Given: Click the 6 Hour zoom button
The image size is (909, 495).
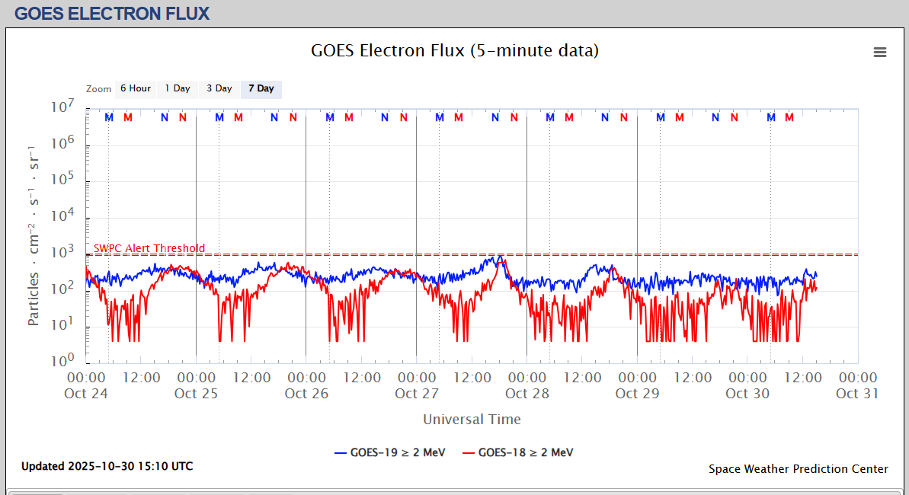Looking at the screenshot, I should (x=135, y=89).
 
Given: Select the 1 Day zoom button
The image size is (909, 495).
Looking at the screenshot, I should (x=178, y=89).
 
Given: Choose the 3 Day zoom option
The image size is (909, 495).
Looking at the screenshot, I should (x=219, y=89).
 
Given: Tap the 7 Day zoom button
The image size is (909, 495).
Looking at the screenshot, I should (x=261, y=89).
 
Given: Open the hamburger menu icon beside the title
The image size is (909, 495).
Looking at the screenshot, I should (x=880, y=52).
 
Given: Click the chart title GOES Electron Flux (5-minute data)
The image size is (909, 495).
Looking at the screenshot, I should (x=455, y=51).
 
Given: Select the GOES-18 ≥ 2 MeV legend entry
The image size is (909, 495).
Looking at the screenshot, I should (x=518, y=452).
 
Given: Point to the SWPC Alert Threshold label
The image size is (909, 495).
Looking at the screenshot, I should (x=149, y=248).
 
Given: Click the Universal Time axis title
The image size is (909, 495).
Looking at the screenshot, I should (x=472, y=419).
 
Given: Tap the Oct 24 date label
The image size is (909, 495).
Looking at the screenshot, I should (x=87, y=394).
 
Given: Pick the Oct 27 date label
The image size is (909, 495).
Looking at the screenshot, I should (x=417, y=394).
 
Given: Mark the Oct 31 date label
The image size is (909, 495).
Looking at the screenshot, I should (x=857, y=394).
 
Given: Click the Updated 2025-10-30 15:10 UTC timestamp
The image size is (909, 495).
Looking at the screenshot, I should (x=107, y=466).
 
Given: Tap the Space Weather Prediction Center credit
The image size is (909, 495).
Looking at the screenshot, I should (x=798, y=469).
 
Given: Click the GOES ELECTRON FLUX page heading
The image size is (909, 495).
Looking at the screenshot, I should (x=111, y=13).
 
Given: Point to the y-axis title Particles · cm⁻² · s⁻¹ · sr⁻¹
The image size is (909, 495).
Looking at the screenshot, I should (x=34, y=235).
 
